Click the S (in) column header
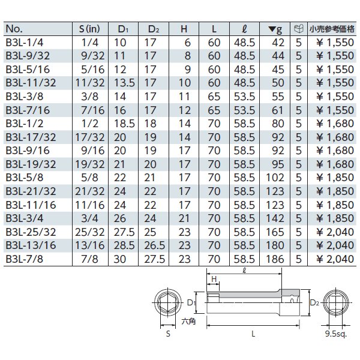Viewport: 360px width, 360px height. point(89,29)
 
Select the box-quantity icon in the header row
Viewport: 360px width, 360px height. point(299,29)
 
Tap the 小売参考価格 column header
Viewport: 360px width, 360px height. point(332,29)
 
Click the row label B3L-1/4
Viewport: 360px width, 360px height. point(25,43)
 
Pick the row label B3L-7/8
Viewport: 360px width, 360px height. point(25,259)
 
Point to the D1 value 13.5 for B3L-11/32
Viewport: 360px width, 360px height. point(124,83)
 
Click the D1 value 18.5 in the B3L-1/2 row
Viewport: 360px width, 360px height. point(124,124)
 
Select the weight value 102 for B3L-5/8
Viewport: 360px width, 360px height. point(275,178)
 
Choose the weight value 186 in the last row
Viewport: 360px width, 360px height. point(275,259)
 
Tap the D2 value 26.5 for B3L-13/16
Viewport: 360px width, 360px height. point(155,245)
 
